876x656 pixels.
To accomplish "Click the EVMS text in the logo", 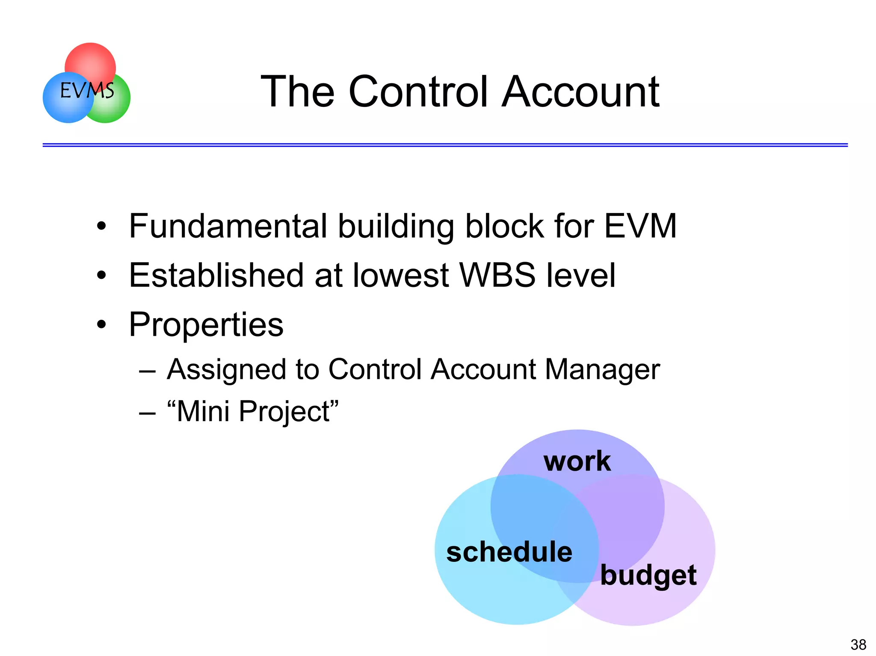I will [x=87, y=90].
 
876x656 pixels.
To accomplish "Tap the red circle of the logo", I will [x=90, y=60].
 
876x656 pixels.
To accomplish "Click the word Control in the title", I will [x=418, y=92].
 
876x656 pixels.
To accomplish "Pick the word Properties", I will [x=206, y=325].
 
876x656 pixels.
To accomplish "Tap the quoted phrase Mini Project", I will [x=253, y=411].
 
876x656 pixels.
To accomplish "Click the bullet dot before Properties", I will [x=101, y=325].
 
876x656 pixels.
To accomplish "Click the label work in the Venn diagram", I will [x=577, y=461].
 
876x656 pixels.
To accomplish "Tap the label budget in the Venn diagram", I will [x=648, y=576].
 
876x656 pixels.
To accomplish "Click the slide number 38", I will [x=858, y=644].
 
